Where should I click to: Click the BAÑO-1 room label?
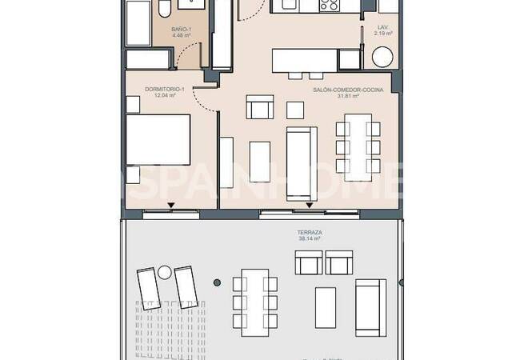(x=180, y=30)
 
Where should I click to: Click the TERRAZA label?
(x=308, y=232)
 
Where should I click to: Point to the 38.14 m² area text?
(x=308, y=238)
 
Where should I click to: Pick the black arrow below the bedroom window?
(x=171, y=206)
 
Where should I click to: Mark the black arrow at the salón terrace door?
(x=308, y=206)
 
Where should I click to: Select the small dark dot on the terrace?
(x=217, y=282)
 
